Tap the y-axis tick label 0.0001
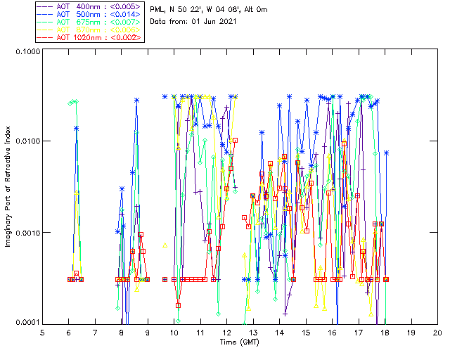[26, 323]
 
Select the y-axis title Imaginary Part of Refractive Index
[10, 188]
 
